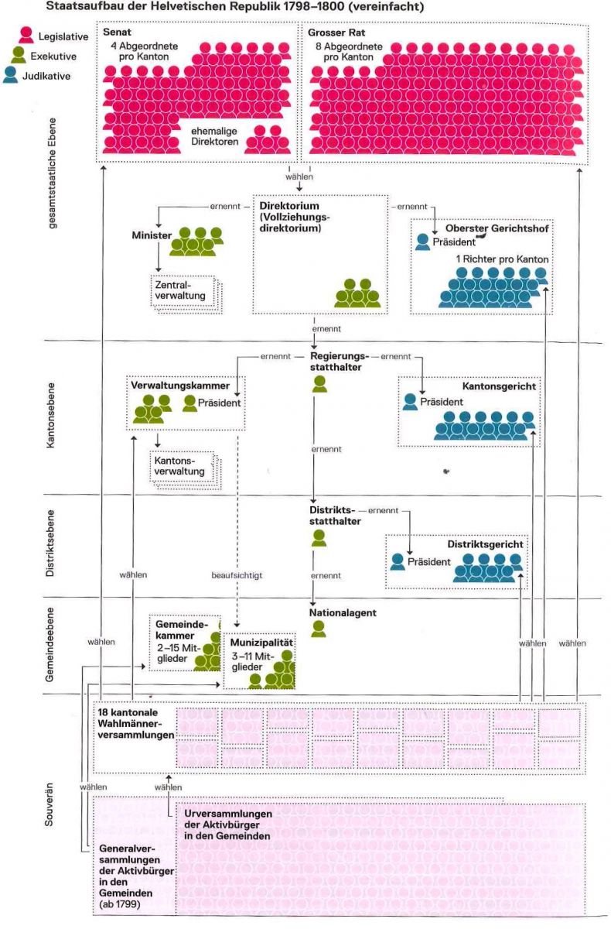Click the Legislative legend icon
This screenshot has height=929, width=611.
point(26,35)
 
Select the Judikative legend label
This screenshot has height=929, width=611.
point(49,76)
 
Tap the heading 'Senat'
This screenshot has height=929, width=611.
point(116,33)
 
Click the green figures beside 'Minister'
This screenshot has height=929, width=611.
point(196,242)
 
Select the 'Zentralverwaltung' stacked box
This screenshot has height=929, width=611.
point(185,293)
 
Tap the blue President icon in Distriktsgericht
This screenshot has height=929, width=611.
point(398,562)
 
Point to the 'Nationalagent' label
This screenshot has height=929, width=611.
point(343,612)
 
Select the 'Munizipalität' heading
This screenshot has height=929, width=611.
point(261,643)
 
